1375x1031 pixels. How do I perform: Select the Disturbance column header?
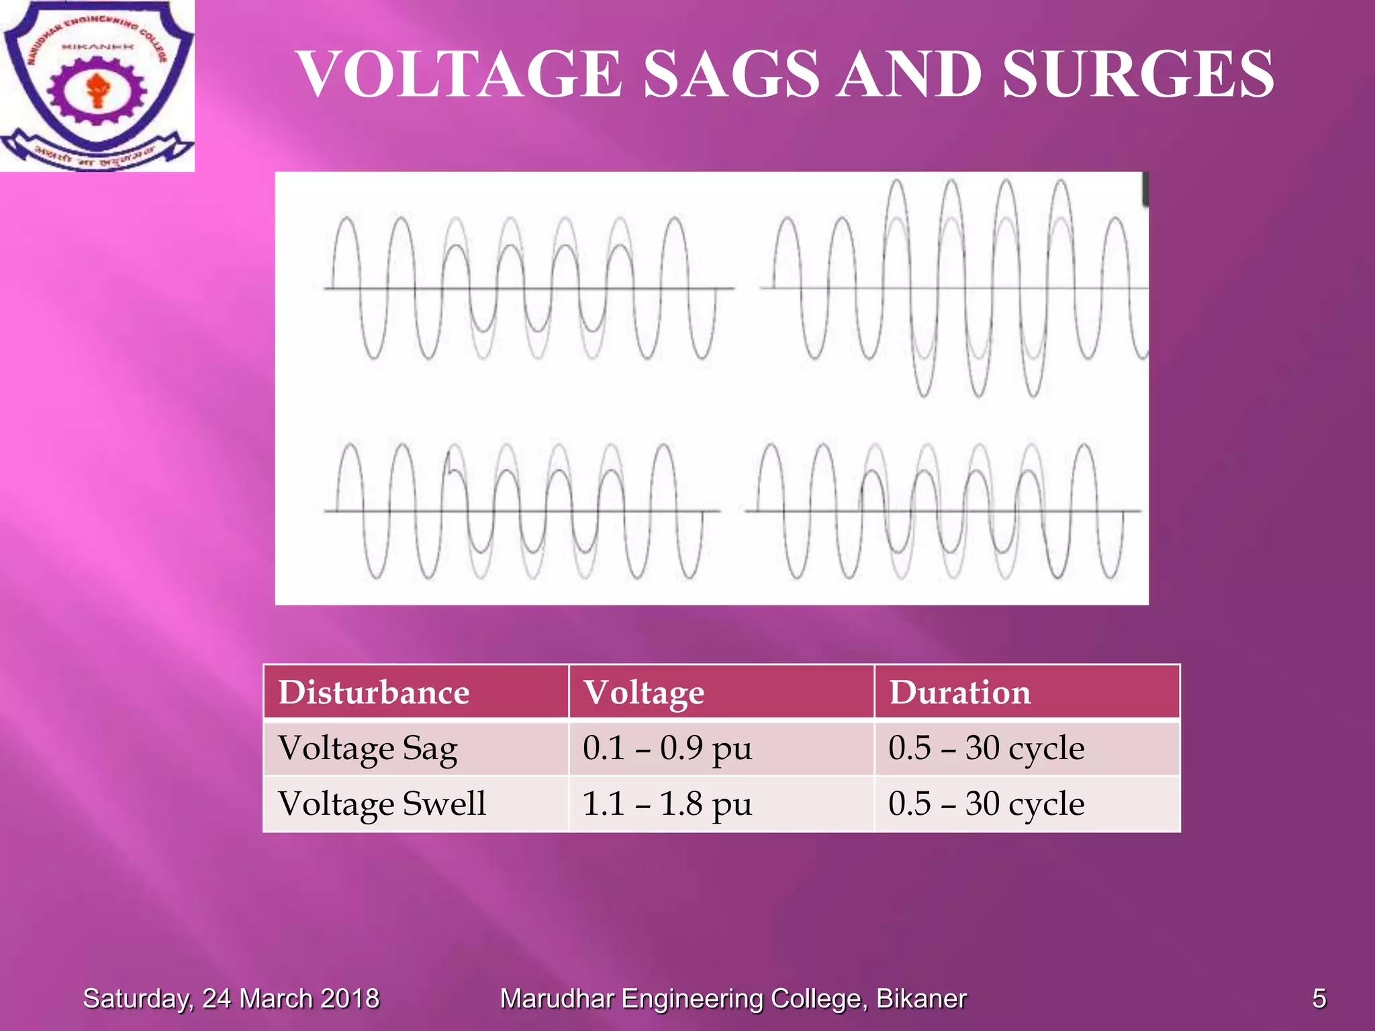[x=374, y=692]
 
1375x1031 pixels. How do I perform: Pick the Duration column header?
[x=960, y=692]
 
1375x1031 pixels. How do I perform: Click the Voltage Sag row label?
[x=368, y=748]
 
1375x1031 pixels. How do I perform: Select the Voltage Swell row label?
[x=382, y=804]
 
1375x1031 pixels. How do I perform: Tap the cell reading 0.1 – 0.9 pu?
[x=667, y=748]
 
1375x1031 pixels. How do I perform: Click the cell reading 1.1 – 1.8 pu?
[x=667, y=804]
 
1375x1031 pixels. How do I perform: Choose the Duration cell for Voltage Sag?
[x=986, y=748]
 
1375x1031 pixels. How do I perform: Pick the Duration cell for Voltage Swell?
[x=986, y=804]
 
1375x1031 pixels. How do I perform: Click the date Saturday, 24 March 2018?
[x=231, y=999]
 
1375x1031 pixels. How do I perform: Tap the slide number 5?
[x=1319, y=999]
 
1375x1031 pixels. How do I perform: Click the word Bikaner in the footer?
[x=922, y=999]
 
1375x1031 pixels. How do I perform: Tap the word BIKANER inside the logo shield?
[x=98, y=47]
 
